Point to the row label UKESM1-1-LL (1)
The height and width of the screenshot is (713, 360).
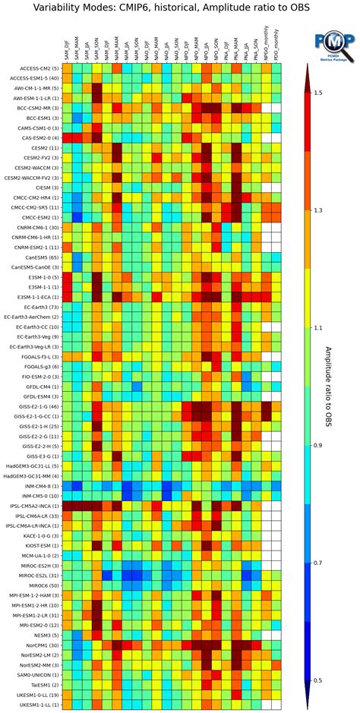33,705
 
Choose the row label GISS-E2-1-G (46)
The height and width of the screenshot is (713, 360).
32,407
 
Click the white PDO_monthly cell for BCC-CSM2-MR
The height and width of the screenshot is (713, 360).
276,108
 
